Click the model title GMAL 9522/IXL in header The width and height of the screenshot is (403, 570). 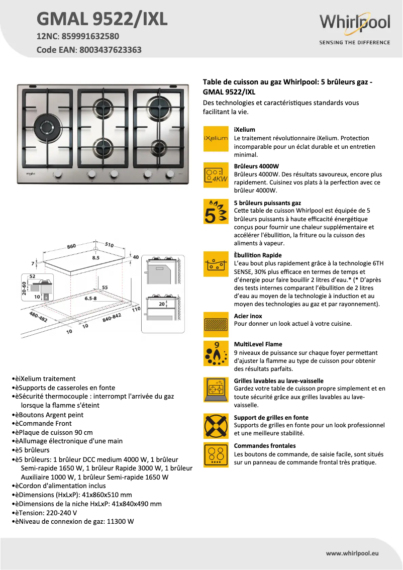tap(102, 19)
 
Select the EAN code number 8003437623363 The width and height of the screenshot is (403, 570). tap(110, 50)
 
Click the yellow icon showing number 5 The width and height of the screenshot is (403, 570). tap(216, 212)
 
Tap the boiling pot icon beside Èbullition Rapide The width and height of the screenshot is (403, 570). tap(216, 264)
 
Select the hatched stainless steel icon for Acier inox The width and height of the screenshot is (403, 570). tap(216, 324)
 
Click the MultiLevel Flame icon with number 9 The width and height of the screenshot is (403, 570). tap(216, 353)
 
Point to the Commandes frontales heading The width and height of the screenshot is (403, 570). tap(265, 446)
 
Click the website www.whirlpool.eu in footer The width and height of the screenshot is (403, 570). tap(352, 553)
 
